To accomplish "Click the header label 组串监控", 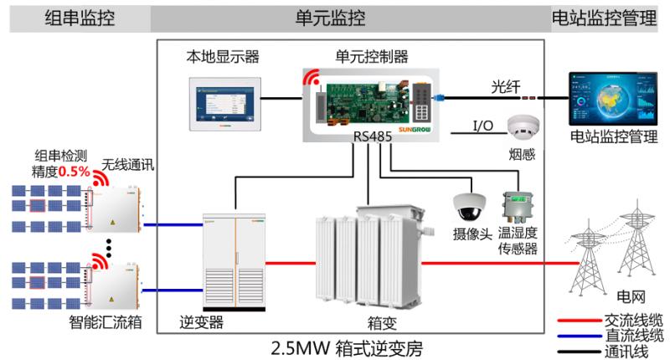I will click(x=80, y=17).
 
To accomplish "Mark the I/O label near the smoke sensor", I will click(x=483, y=125).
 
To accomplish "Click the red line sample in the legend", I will click(x=577, y=320).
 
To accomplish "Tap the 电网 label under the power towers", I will click(x=630, y=296).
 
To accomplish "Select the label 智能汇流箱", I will click(x=104, y=321).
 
